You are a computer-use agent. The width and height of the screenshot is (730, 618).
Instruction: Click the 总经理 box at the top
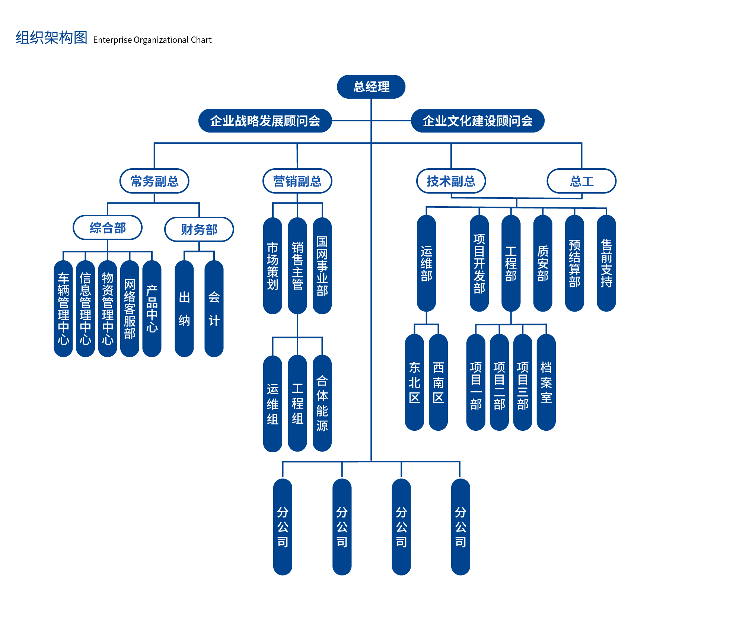coord(371,87)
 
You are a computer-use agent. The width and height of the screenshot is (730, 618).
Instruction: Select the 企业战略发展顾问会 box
coord(265,121)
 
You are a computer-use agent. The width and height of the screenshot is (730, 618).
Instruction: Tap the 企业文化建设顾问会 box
coord(477,121)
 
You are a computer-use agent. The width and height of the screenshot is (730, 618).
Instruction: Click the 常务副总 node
coord(154,181)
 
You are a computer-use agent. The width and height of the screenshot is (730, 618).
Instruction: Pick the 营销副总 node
coord(297,181)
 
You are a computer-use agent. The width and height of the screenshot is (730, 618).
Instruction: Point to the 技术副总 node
coord(451,181)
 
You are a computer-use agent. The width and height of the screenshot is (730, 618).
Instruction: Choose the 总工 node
coord(581,181)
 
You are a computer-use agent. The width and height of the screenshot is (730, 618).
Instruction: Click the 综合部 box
coord(108,227)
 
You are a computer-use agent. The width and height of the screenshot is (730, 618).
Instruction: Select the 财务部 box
coord(199,229)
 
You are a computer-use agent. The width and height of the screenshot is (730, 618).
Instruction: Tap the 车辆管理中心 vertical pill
coord(63,308)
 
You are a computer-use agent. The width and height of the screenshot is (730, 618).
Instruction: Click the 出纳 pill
coord(184,308)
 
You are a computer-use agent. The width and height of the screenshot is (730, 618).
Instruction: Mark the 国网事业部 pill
coord(322,265)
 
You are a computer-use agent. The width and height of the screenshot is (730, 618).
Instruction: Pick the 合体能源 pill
coord(322,403)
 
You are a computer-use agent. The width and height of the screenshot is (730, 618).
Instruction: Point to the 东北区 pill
coord(414,382)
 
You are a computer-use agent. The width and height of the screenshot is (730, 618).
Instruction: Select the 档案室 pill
coord(546,382)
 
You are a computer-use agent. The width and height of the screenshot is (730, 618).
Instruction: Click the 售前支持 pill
coord(606,263)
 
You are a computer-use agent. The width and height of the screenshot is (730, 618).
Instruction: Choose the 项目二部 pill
coord(499,382)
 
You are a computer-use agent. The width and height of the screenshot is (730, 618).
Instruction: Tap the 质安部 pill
coord(542,263)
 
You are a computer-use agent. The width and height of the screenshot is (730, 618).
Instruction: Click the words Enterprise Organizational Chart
coord(152,40)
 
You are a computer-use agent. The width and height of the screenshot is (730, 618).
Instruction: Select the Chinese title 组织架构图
coord(51,38)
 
